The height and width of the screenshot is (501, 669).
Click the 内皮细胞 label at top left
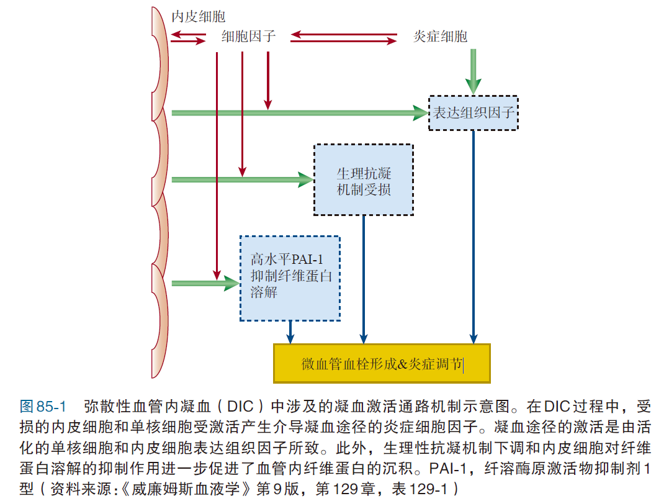[x=199, y=17]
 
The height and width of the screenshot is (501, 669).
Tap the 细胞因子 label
[x=248, y=37]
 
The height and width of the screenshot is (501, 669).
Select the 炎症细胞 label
[x=441, y=37]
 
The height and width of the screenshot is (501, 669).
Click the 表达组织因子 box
[x=474, y=113]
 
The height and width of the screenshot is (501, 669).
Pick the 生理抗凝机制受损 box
[x=364, y=180]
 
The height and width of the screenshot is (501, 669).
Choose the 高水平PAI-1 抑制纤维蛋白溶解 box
[x=290, y=278]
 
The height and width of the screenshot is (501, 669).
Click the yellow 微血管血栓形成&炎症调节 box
[x=382, y=364]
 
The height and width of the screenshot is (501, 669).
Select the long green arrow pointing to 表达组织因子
[x=298, y=112]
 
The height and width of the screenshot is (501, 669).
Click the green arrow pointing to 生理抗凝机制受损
[x=242, y=180]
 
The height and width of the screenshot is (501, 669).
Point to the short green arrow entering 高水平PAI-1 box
[x=205, y=284]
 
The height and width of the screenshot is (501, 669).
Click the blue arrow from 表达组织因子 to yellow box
[x=474, y=236]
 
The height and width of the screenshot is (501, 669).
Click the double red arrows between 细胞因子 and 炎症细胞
[x=344, y=38]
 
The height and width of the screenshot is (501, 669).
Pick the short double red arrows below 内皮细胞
[x=188, y=38]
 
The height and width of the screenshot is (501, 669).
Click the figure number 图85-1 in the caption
[x=43, y=407]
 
